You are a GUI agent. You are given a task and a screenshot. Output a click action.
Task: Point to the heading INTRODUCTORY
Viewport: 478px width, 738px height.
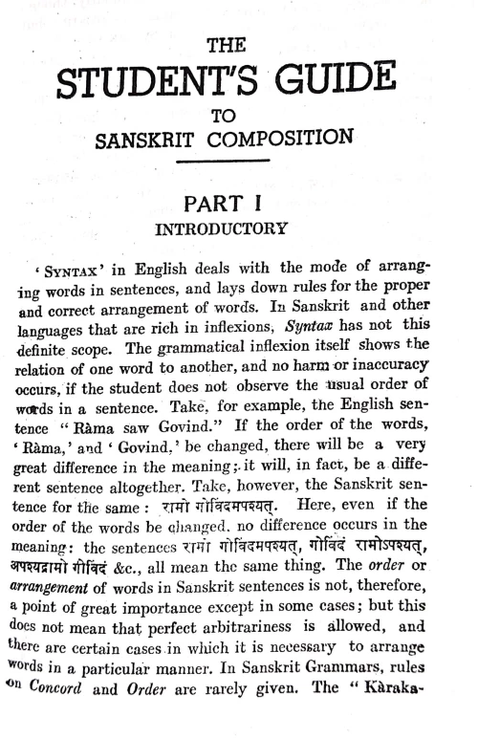(x=228, y=230)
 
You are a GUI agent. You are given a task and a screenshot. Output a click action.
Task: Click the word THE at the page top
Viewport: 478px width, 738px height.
(x=228, y=44)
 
